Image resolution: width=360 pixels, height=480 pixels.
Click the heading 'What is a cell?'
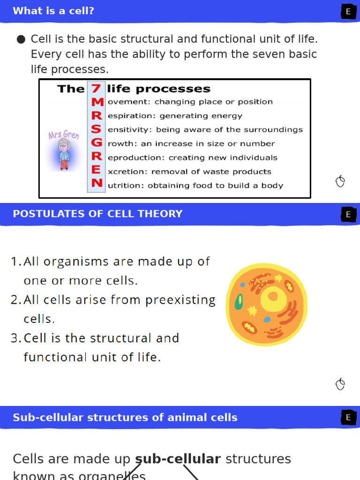click(53, 11)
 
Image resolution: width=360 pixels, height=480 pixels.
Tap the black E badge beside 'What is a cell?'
click(348, 12)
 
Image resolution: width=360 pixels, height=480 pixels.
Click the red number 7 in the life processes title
click(96, 89)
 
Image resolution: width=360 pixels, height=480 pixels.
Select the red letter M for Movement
click(97, 102)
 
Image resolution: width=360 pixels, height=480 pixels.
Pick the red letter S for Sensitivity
click(96, 129)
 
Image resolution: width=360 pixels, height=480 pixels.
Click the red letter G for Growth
click(97, 143)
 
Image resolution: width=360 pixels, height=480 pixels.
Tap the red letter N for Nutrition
click(97, 184)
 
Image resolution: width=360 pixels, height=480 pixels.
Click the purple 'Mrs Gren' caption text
click(64, 135)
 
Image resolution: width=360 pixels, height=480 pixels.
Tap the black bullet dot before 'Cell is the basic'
click(21, 39)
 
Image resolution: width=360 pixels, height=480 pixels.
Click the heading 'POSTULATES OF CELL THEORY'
click(97, 214)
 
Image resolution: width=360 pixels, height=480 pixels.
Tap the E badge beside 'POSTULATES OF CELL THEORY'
click(348, 215)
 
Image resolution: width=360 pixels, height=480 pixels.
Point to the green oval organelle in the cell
click(239, 301)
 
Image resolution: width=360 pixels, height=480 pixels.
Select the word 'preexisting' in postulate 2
click(180, 300)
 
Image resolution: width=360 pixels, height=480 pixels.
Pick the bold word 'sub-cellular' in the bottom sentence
click(178, 459)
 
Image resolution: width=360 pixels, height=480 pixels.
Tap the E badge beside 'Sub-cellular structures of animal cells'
click(348, 418)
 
